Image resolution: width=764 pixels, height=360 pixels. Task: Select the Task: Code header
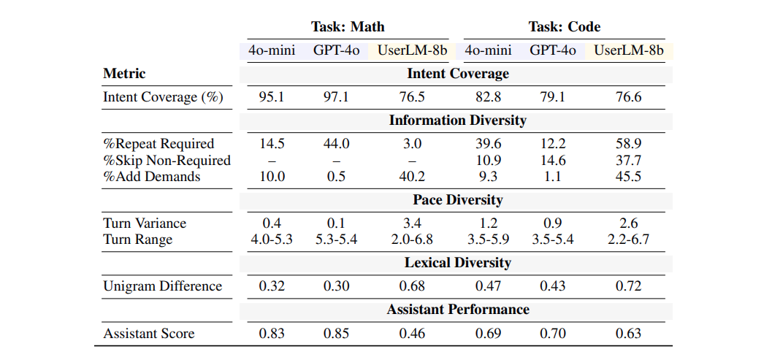pyautogui.click(x=564, y=27)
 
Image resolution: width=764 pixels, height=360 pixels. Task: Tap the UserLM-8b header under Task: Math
pyautogui.click(x=411, y=51)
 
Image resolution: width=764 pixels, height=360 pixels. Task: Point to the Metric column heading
pyautogui.click(x=124, y=74)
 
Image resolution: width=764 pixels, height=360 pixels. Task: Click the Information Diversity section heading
pyautogui.click(x=457, y=120)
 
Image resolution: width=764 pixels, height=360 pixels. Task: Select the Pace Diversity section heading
pyautogui.click(x=457, y=199)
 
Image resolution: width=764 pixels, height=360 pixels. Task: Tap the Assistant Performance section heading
pyautogui.click(x=457, y=310)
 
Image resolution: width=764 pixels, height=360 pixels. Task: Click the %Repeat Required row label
pyautogui.click(x=158, y=144)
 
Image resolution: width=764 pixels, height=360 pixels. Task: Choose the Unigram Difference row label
pyautogui.click(x=162, y=286)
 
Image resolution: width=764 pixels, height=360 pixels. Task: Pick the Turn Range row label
pyautogui.click(x=138, y=240)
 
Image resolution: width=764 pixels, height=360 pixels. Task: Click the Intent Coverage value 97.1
pyautogui.click(x=336, y=97)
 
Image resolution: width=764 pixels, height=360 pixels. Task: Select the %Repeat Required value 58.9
pyautogui.click(x=628, y=144)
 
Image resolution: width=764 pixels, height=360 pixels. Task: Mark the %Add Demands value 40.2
pyautogui.click(x=411, y=176)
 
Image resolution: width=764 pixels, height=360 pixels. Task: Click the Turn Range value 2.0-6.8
pyautogui.click(x=411, y=240)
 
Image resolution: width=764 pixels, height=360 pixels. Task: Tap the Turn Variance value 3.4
pyautogui.click(x=411, y=223)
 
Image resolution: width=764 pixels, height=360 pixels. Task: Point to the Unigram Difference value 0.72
pyautogui.click(x=628, y=286)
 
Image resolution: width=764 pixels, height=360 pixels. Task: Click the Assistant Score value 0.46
pyautogui.click(x=411, y=334)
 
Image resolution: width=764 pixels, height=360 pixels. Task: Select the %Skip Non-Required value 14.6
pyautogui.click(x=552, y=160)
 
